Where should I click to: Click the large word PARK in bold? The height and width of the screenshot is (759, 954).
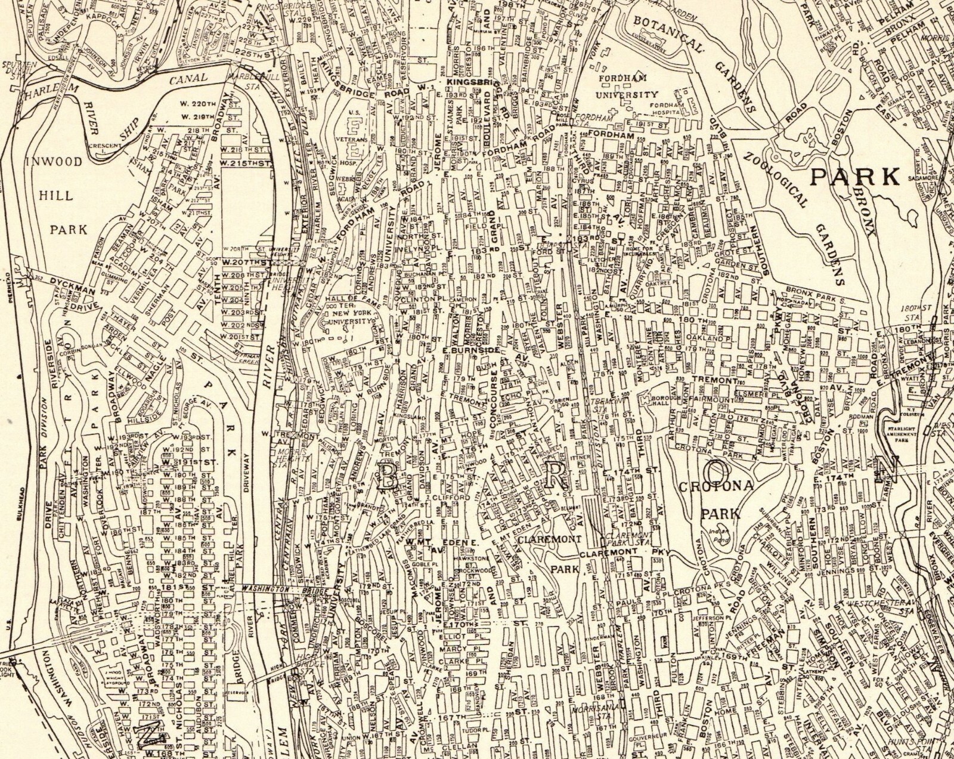click(x=856, y=177)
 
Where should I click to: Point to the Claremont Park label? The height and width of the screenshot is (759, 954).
click(x=547, y=554)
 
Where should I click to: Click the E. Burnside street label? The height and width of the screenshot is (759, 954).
click(x=470, y=350)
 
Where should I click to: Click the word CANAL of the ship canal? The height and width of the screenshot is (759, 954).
click(x=187, y=79)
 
